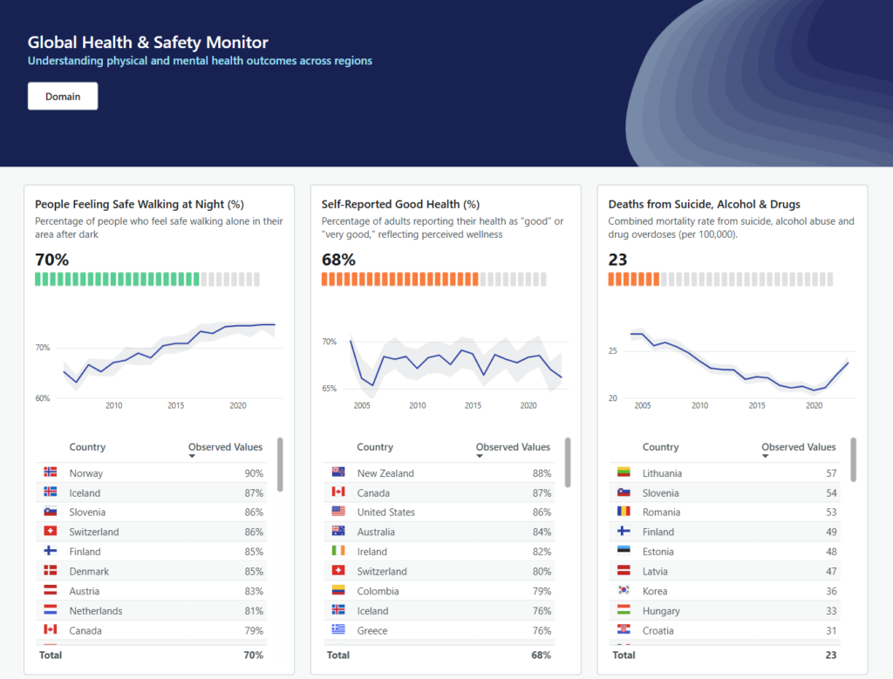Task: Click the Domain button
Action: tap(63, 97)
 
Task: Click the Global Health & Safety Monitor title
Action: tap(147, 42)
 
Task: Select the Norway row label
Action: tap(86, 473)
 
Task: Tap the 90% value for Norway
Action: tap(254, 473)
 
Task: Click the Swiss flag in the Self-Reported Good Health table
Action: tap(338, 571)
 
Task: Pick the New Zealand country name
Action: tap(385, 473)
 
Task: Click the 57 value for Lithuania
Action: tap(831, 473)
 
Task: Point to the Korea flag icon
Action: tap(624, 591)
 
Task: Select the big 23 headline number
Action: tap(617, 260)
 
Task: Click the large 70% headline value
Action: tap(51, 260)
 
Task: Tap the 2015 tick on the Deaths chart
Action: tap(757, 405)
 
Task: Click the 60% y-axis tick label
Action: tap(43, 398)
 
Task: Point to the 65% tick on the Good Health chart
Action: tap(329, 388)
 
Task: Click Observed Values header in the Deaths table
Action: tap(798, 447)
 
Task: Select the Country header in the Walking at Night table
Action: tap(87, 447)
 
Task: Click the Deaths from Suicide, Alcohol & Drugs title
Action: tap(704, 204)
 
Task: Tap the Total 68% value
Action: tap(541, 655)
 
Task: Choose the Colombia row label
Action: tap(378, 591)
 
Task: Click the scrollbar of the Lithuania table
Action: tap(853, 460)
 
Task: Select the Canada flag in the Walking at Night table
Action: tap(51, 630)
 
